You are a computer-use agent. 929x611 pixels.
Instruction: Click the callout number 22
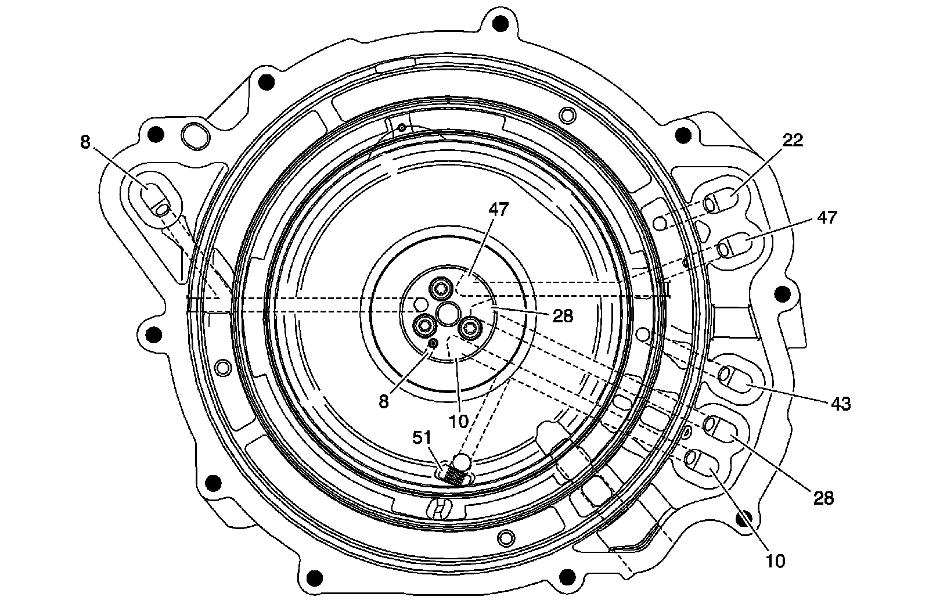pos(793,140)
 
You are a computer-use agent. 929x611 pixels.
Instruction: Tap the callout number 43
pos(841,403)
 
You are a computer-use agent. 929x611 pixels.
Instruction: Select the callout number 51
pos(422,437)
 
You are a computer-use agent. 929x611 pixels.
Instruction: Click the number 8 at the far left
pos(85,142)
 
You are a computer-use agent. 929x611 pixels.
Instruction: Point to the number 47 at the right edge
pos(827,217)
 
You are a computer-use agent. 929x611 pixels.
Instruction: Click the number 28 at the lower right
pos(823,498)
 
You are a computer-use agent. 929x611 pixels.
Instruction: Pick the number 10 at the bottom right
pos(775,561)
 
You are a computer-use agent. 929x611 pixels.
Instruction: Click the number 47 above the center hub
pos(498,210)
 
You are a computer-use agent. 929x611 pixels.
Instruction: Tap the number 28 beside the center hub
pos(563,316)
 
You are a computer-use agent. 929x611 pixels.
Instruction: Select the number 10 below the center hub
pos(459,422)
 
